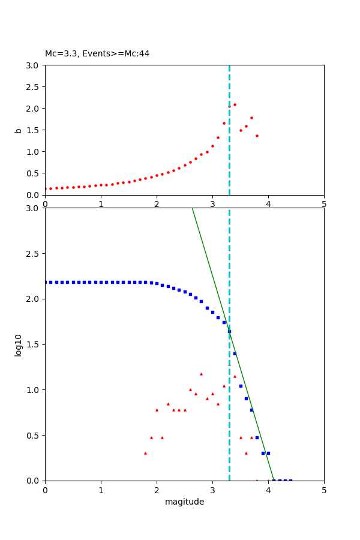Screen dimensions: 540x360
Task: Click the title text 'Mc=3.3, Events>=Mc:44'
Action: point(97,54)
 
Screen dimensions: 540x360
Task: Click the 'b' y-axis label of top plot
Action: point(19,130)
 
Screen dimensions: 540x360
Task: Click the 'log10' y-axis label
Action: point(19,345)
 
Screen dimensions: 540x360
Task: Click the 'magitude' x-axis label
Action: point(184,502)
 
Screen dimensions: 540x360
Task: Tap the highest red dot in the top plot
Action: point(235,104)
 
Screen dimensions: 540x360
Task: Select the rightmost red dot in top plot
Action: point(257,136)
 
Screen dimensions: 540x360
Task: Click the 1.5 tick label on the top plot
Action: point(34,130)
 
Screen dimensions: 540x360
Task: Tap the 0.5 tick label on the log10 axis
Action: point(34,436)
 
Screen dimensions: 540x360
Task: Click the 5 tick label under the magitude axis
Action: point(324,490)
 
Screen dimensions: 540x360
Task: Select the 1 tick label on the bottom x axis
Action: point(101,490)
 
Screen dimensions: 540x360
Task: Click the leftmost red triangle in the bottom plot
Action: point(145,453)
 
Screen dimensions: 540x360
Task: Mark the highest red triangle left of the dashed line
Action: point(201,374)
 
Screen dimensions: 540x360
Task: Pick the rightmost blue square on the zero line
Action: point(290,481)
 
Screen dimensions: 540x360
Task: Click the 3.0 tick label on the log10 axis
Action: point(34,208)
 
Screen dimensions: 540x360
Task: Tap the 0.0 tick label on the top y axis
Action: point(34,195)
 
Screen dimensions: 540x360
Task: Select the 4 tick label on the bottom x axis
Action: point(268,490)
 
